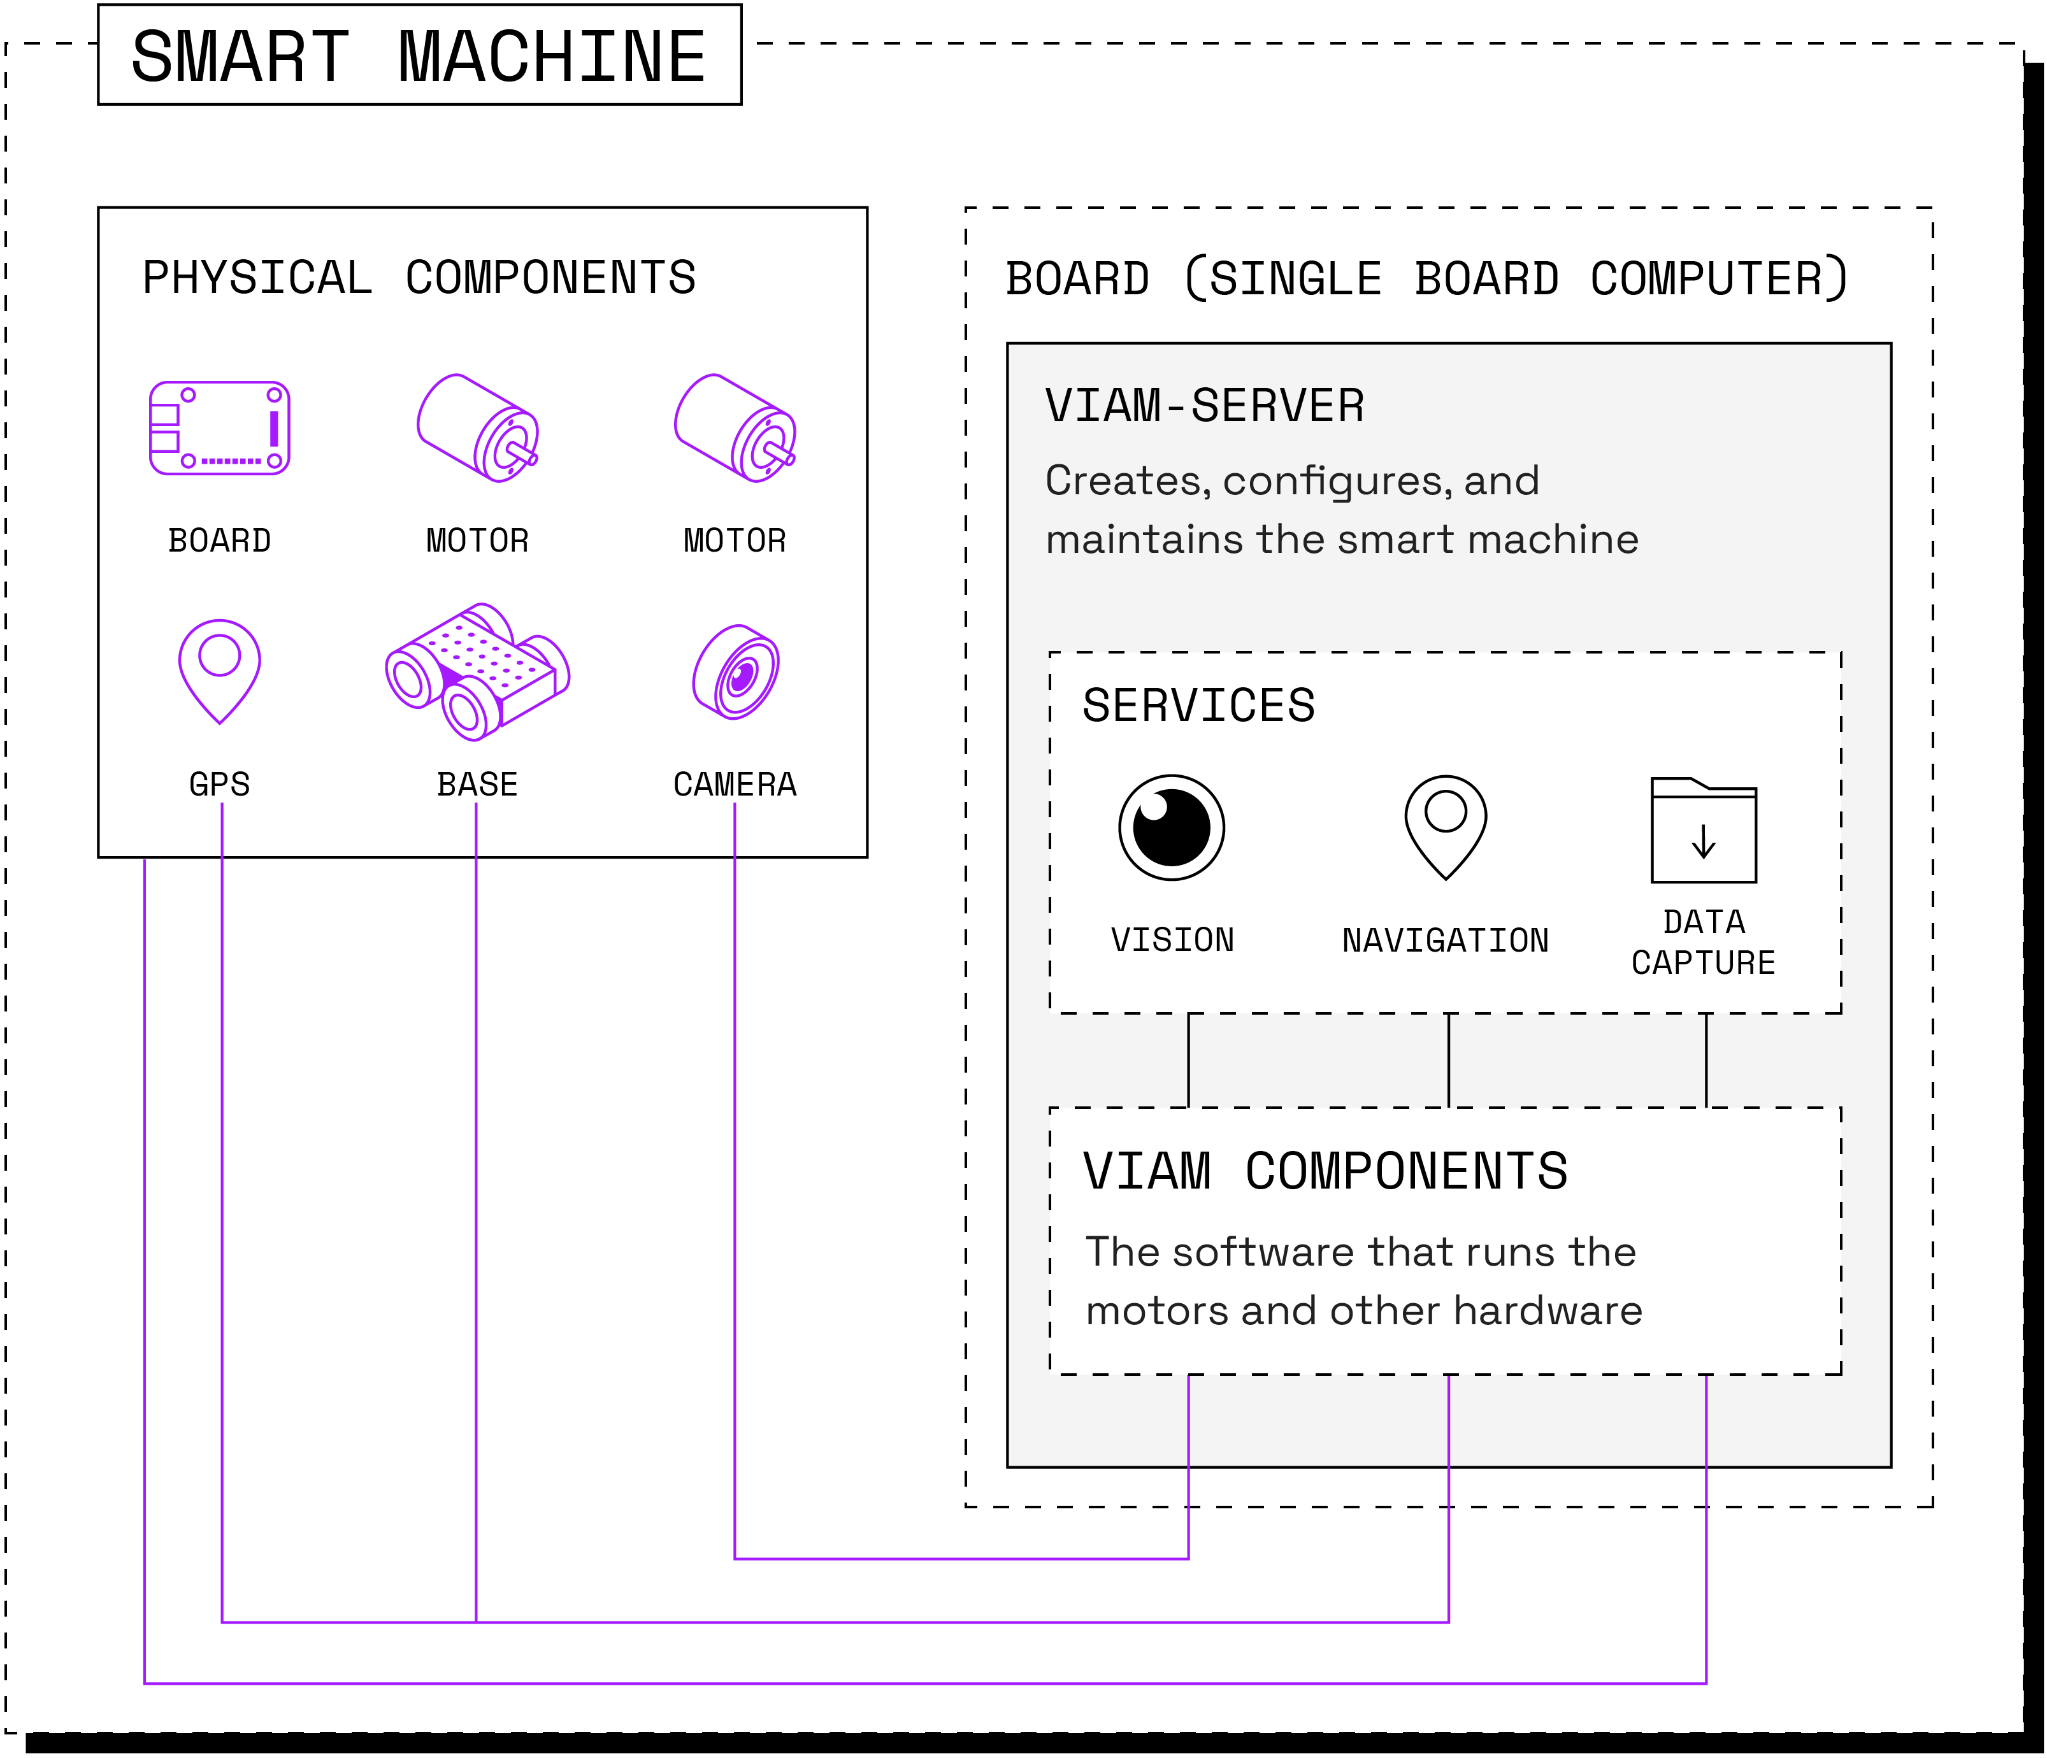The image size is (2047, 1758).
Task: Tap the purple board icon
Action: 219,427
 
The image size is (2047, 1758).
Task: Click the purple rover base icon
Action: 477,671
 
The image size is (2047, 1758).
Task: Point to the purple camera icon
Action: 736,671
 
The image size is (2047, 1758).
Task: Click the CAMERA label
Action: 734,784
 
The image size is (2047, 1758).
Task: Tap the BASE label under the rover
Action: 477,784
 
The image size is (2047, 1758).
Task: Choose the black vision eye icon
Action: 1172,827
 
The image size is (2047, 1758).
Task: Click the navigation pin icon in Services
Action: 1446,825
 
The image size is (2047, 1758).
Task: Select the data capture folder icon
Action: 1703,829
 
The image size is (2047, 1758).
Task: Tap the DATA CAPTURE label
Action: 1703,942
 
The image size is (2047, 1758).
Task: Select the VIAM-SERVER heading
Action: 1204,406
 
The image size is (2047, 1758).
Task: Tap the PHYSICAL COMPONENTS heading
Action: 419,278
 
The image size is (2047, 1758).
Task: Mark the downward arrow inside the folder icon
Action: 1703,841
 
